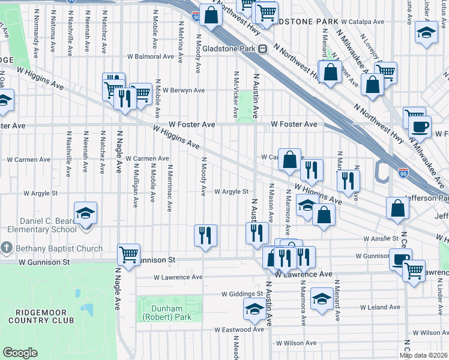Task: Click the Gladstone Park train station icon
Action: point(263,49)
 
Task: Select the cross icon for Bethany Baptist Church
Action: point(7,248)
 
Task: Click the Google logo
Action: point(20,352)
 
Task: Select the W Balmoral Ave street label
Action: point(150,56)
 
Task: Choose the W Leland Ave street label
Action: point(380,307)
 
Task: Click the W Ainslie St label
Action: point(382,238)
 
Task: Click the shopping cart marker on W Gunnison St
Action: point(129,254)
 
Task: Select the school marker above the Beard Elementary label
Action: point(85,212)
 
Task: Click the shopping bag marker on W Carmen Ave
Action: point(289,160)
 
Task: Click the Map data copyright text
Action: point(424,355)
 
